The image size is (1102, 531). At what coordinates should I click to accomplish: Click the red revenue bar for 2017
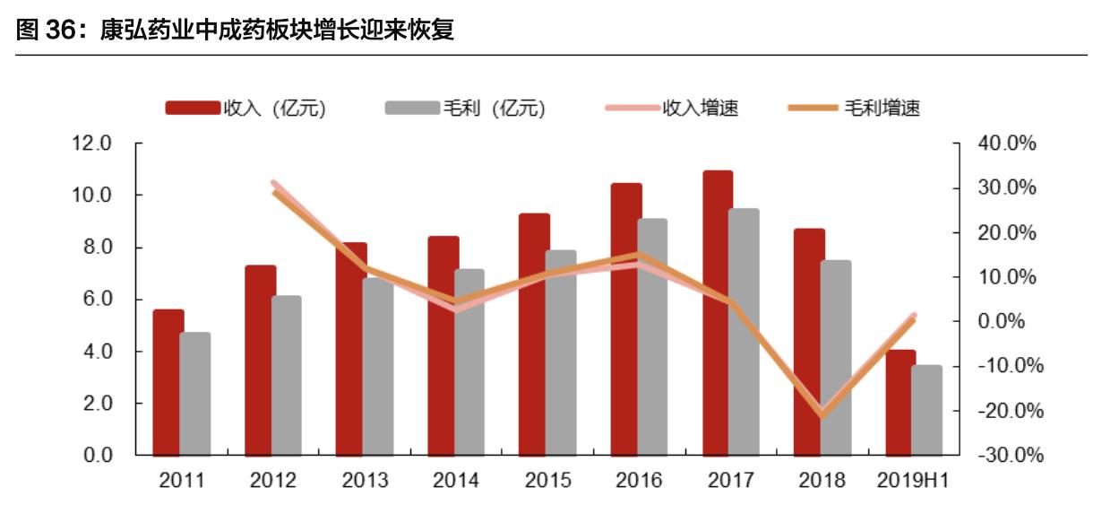point(717,313)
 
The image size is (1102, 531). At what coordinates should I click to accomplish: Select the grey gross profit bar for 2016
point(652,337)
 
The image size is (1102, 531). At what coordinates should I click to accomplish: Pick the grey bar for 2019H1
point(927,410)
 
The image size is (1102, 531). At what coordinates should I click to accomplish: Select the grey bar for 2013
point(377,367)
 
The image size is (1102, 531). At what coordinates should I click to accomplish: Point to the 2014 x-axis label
point(456,481)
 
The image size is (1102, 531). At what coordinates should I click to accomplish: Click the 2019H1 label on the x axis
point(913,481)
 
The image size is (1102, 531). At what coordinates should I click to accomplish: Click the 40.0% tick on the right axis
point(1008,144)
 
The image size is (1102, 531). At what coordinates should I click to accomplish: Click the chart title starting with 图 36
point(237,30)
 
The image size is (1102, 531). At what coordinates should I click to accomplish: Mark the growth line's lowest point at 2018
point(822,415)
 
